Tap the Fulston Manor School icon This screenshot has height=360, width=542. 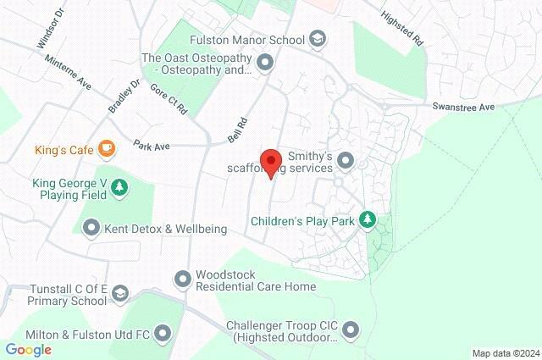(x=317, y=40)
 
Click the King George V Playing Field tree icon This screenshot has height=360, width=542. (x=120, y=187)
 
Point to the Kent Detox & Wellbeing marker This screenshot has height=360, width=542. (x=91, y=228)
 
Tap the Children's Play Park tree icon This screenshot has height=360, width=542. (x=367, y=220)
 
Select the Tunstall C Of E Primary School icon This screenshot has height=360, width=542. (x=120, y=293)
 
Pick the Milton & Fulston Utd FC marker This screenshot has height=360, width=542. (x=163, y=335)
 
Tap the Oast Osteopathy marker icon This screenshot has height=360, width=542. (x=264, y=62)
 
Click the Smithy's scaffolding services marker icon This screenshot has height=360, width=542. (x=345, y=160)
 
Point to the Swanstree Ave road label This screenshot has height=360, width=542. (x=462, y=108)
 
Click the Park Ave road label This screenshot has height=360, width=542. (x=152, y=146)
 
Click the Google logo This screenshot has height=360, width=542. (x=28, y=349)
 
